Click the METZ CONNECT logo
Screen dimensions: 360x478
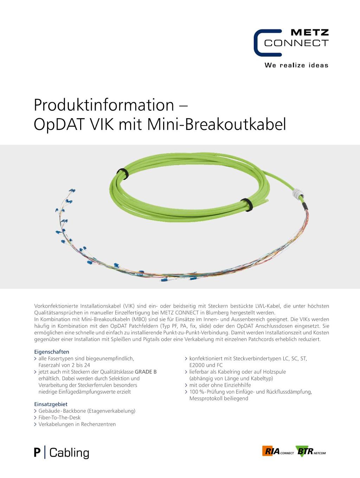291,43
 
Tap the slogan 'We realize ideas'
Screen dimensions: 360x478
296,65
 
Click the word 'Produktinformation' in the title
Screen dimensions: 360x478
104,105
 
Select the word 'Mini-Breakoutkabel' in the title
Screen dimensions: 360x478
217,124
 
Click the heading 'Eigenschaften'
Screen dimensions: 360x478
52,352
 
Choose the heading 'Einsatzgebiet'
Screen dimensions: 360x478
51,404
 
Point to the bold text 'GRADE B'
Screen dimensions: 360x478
146,372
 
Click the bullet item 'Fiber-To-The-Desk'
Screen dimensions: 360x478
59,418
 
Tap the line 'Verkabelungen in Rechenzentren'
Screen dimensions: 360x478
77,424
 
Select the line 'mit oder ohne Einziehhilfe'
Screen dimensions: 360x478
220,385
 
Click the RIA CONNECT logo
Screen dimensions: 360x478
278,451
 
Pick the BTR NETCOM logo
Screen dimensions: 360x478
311,451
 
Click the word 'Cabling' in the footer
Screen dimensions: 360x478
69,453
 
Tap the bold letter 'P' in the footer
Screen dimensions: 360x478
37,453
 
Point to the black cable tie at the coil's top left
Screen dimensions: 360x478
122,174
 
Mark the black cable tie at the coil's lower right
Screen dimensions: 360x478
246,205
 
